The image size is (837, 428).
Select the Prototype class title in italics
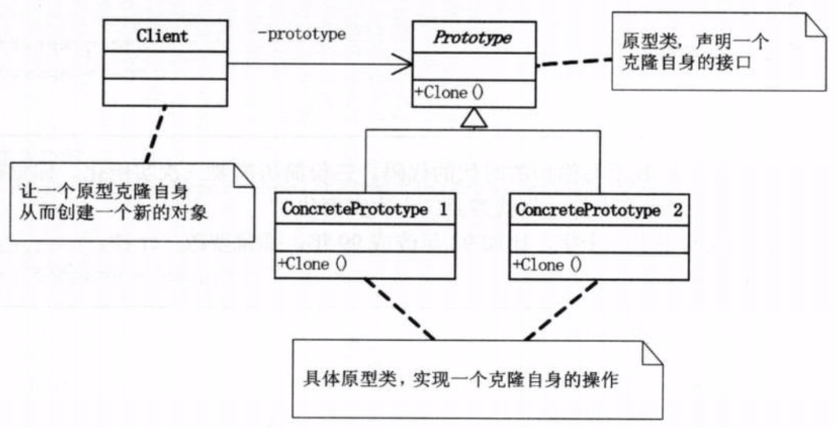click(473, 39)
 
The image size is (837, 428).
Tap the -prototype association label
click(302, 34)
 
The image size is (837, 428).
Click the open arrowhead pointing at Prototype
click(403, 64)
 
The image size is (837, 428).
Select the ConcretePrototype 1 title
click(365, 210)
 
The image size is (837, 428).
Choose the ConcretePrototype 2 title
click(599, 211)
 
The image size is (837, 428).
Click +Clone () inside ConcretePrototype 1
click(312, 264)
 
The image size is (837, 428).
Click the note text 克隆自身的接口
click(687, 63)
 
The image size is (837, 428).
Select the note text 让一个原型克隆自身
click(89, 191)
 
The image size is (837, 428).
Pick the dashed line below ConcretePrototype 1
click(399, 309)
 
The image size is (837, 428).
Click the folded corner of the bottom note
click(652, 354)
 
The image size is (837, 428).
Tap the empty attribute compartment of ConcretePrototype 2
click(599, 239)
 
